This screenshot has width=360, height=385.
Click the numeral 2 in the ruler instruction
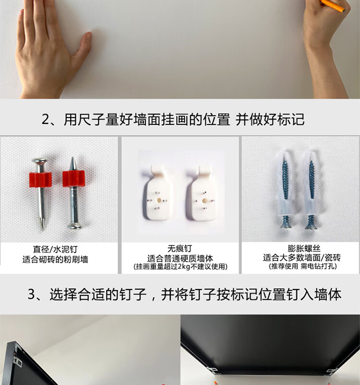46,120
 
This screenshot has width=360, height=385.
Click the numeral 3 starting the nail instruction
32,294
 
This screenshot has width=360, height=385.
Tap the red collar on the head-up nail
40,179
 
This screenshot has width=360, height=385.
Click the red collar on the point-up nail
73,179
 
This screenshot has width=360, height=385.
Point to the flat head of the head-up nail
39,161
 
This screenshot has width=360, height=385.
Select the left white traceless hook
157,193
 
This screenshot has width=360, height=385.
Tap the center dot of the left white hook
159,200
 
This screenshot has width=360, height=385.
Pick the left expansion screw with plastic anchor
285,190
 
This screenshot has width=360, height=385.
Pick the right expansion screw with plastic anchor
312,190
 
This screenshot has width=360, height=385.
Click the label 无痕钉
180,249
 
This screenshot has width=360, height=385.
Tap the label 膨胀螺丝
304,248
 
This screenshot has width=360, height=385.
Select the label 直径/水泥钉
55,249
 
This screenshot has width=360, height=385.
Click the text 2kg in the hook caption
184,266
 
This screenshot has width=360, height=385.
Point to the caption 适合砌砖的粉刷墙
55,259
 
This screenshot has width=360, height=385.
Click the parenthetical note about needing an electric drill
302,266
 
